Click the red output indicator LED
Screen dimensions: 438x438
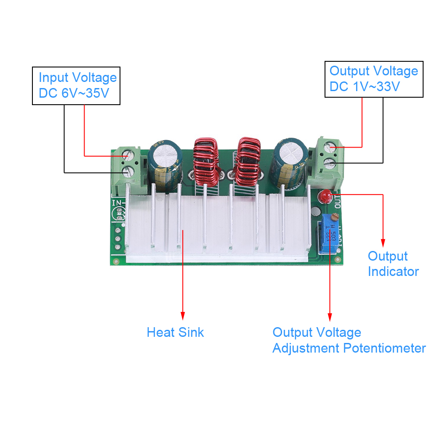(325, 196)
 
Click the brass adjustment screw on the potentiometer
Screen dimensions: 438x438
(334, 216)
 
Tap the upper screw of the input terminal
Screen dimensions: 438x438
(127, 155)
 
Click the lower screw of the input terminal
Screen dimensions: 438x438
(127, 171)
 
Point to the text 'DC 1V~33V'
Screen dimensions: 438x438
(364, 87)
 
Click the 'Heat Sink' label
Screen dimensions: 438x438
(175, 332)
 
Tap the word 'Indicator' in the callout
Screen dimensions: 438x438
(393, 272)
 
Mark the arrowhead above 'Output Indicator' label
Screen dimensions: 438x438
(383, 242)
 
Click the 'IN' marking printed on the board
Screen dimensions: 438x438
(117, 203)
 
